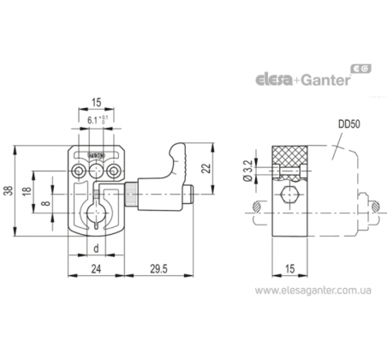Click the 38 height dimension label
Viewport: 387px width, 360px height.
(x=9, y=190)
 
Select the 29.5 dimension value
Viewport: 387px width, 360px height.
(x=159, y=269)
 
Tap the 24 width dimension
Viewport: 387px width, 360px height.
(x=96, y=269)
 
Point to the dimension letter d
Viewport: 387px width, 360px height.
(x=96, y=249)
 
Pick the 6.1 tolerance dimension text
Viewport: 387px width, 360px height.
(x=98, y=120)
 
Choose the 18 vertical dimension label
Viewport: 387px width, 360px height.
(x=27, y=191)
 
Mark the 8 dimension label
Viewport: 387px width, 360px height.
(x=45, y=203)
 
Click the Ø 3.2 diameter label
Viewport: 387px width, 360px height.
(x=247, y=171)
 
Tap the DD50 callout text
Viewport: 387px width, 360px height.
(x=348, y=124)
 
